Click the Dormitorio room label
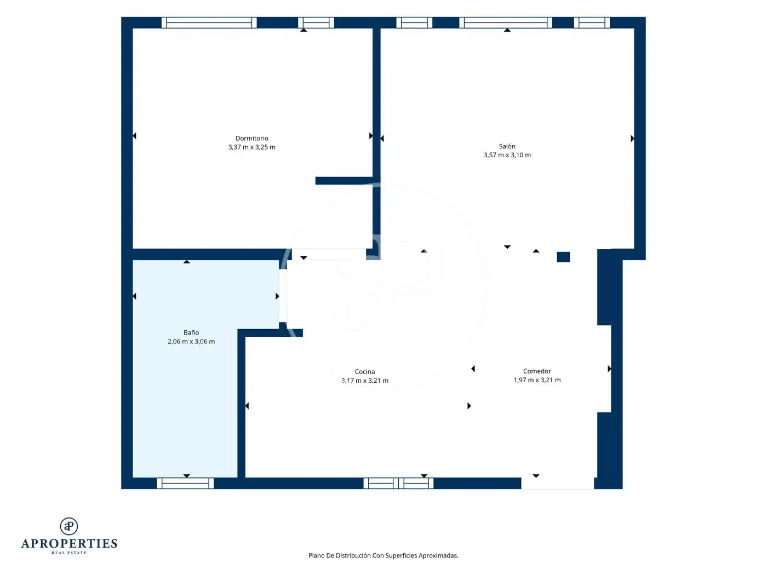coord(251,138)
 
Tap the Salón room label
coord(507,146)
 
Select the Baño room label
coord(191,332)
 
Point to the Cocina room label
coord(364,371)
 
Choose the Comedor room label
coord(537,371)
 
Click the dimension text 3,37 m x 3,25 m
coord(251,147)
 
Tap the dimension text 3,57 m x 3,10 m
coord(507,155)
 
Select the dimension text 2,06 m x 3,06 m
coord(191,341)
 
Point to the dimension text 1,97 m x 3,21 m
coord(537,380)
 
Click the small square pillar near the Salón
coord(563,257)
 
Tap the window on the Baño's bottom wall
coord(185,483)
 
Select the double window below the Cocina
coord(398,483)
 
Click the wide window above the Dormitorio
coord(209,22)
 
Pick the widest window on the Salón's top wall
coord(505,22)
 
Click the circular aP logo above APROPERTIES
coord(69,526)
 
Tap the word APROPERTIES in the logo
coord(69,543)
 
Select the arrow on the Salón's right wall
coord(632,139)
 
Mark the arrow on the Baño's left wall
coord(134,296)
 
